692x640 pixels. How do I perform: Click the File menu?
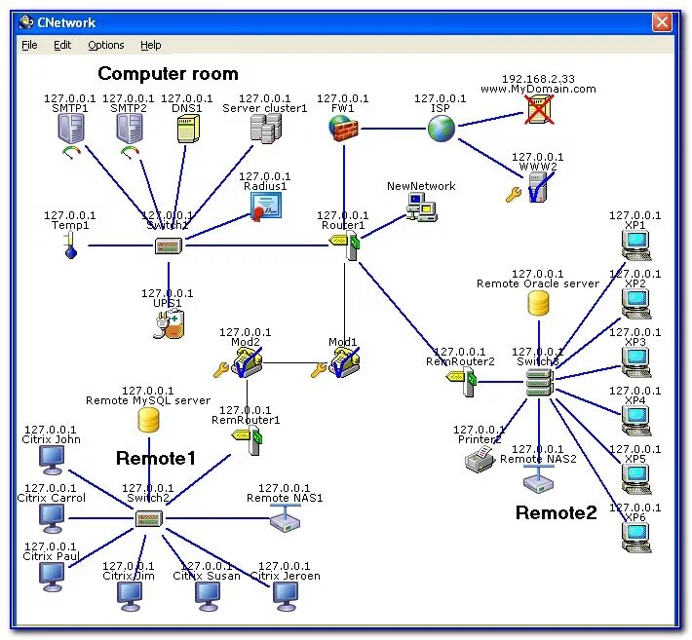29,45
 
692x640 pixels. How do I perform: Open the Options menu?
106,45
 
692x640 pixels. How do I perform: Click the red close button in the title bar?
663,21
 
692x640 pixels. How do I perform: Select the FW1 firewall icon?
342,128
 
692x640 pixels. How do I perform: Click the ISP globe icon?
441,128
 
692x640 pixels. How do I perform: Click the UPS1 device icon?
168,325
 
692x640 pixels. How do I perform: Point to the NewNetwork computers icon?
421,207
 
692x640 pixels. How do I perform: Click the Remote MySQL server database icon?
148,420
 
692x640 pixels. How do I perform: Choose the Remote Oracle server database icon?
538,303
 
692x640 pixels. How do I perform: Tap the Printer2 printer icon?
480,459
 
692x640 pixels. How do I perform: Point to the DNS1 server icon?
187,129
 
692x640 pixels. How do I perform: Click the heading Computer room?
168,73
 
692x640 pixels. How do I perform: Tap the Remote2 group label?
556,512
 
